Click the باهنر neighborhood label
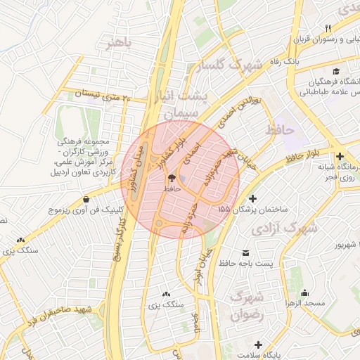point(119,44)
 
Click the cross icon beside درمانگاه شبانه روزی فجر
point(340,156)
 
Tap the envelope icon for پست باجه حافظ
point(245,253)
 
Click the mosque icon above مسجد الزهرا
point(305,292)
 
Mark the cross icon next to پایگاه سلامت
point(259,345)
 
